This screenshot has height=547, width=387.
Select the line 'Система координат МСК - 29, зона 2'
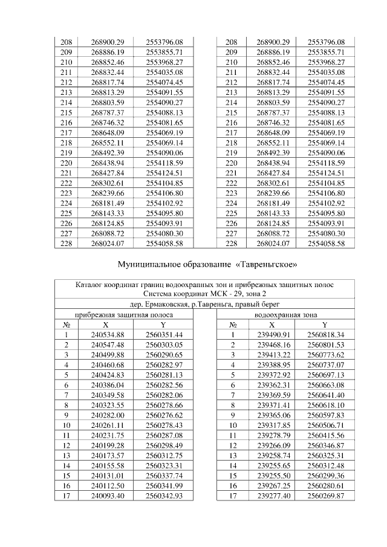(208, 294)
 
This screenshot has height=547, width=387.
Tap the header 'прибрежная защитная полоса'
(124, 315)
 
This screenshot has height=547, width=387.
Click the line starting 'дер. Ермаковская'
(209, 305)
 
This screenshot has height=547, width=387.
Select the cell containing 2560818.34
(325, 334)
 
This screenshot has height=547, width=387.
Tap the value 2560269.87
(325, 496)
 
